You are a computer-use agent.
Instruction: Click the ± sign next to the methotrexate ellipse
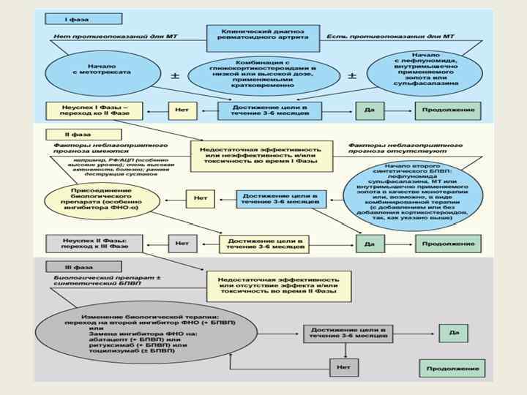[x=174, y=76]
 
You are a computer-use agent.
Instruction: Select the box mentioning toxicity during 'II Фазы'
[x=279, y=285]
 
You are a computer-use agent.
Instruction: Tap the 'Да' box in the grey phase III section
[x=454, y=333]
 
